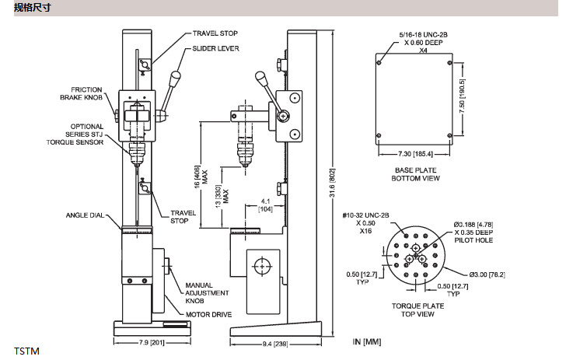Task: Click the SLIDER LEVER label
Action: click(215, 48)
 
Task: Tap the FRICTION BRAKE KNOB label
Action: click(81, 93)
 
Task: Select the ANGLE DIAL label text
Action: click(85, 215)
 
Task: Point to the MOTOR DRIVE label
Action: click(208, 314)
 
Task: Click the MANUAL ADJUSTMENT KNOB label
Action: click(207, 293)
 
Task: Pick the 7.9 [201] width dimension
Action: click(152, 342)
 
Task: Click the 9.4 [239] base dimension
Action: click(275, 344)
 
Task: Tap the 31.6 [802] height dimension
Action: click(333, 183)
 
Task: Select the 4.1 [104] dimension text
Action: click(266, 205)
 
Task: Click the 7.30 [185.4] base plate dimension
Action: click(415, 154)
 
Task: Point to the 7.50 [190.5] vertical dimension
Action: click(462, 96)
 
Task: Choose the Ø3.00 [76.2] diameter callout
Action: click(487, 274)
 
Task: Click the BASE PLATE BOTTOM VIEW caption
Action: click(415, 174)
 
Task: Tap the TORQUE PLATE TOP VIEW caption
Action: click(418, 309)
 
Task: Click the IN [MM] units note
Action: click(367, 341)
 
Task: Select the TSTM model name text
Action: click(26, 351)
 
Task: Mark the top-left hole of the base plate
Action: click(379, 62)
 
